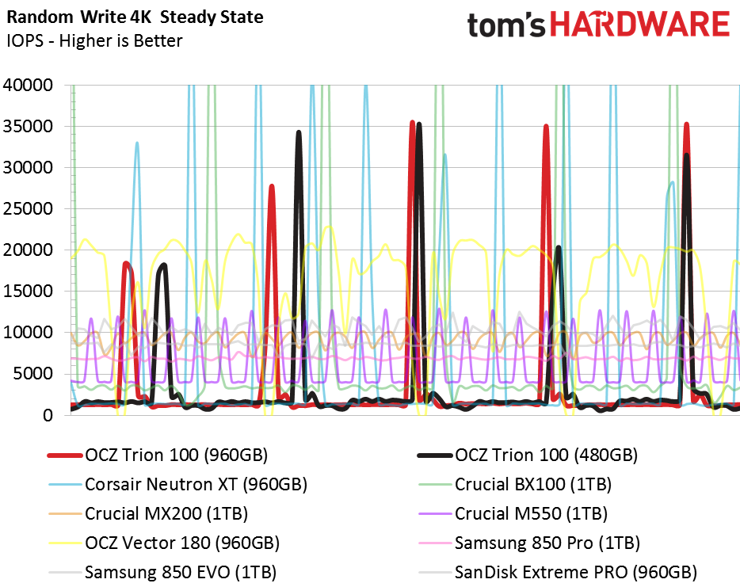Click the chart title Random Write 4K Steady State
tap(135, 17)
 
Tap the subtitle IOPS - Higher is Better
tap(94, 40)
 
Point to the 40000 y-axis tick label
tap(28, 85)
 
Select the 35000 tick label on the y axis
tap(28, 127)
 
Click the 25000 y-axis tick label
tap(28, 208)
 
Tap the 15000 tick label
tap(28, 292)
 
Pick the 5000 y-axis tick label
tap(33, 374)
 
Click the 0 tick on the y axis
tap(48, 415)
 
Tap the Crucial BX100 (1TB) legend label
tap(533, 484)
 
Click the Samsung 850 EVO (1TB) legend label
tap(181, 572)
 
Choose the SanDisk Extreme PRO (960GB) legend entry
tap(576, 572)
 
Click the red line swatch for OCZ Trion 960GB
tap(65, 455)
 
